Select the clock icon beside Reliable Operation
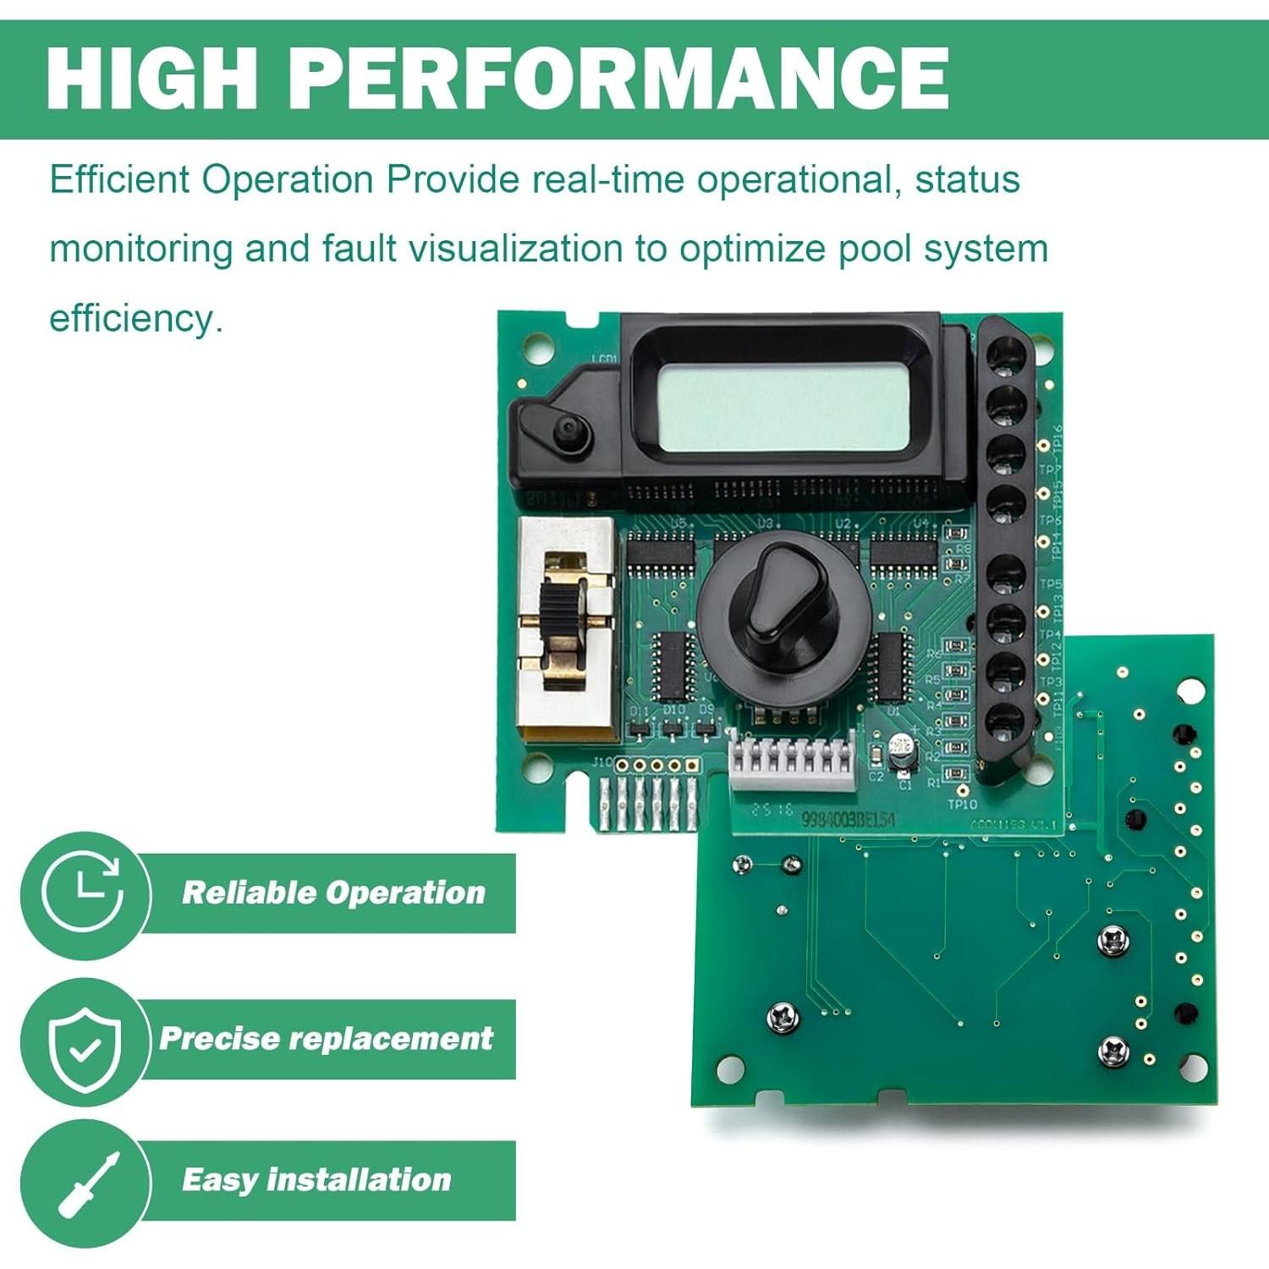pos(83,893)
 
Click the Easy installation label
pos(316,1179)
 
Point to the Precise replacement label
pos(326,1038)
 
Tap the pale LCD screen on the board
pos(783,407)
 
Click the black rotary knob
pos(783,601)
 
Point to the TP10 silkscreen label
pos(962,804)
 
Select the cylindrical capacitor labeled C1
pos(903,750)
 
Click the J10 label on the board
pos(602,762)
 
